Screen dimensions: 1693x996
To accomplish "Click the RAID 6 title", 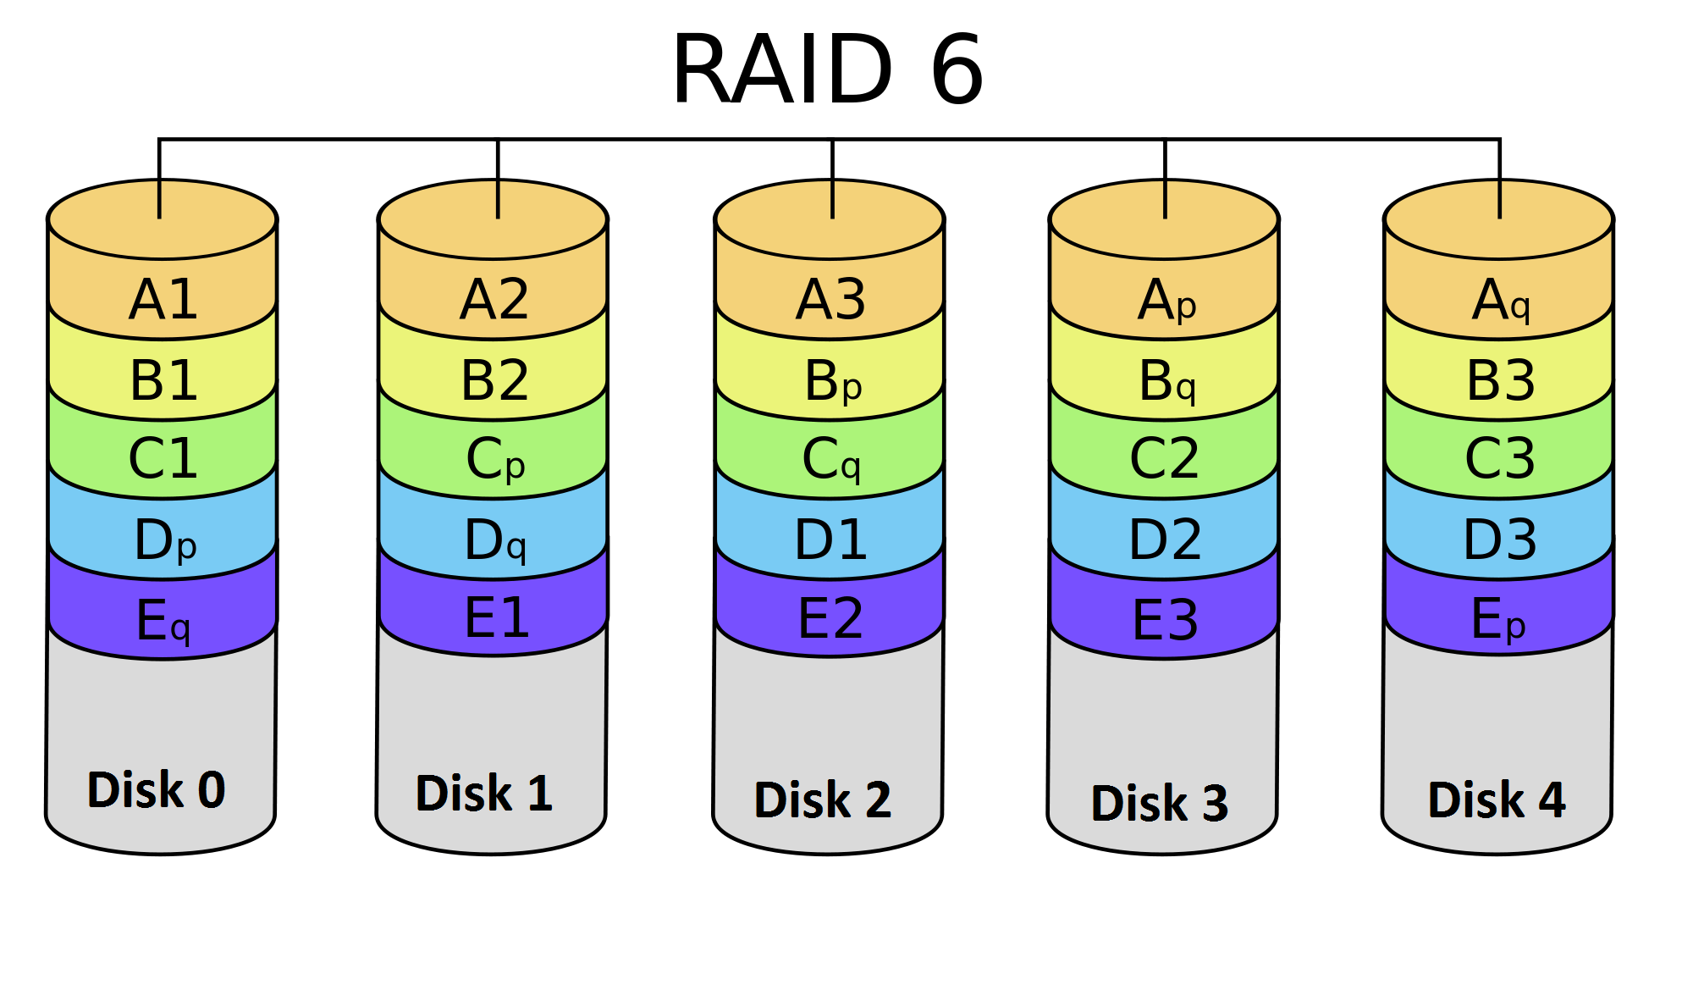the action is click(x=828, y=69).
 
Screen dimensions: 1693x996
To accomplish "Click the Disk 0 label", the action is click(x=157, y=789).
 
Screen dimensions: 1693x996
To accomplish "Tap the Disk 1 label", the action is click(x=484, y=793).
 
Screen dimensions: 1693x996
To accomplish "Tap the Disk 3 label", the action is click(x=1160, y=802).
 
